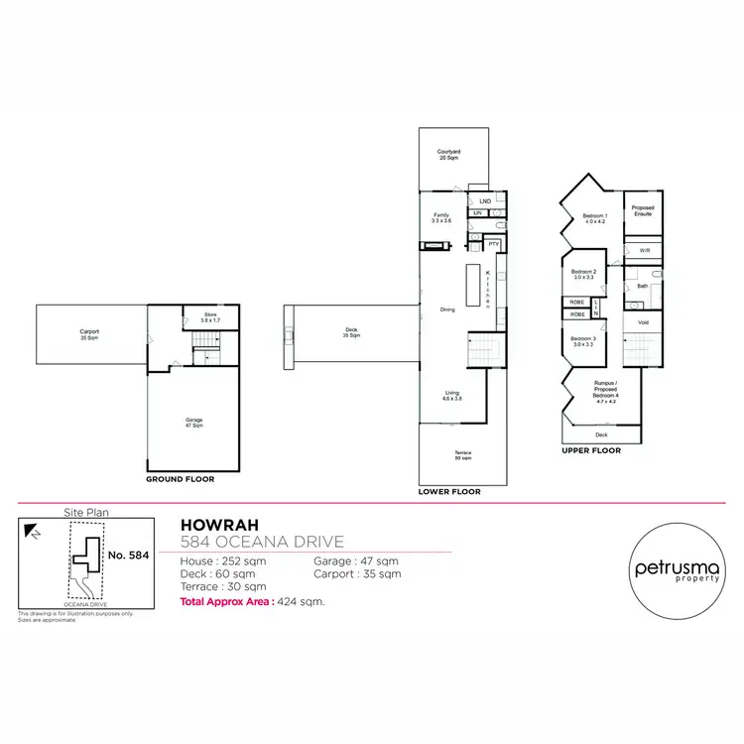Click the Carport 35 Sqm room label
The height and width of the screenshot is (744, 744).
[89, 334]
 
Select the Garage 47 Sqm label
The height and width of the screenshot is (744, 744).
[193, 422]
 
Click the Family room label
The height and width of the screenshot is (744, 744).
[442, 217]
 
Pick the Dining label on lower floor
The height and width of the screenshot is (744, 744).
[448, 310]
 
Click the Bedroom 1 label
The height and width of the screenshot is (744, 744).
[594, 218]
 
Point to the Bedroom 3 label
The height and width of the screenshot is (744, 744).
[582, 343]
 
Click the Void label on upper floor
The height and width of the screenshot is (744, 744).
[643, 322]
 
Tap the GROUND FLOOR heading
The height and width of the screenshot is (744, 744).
[181, 479]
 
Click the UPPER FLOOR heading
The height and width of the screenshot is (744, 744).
[592, 451]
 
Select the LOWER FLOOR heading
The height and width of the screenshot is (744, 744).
[450, 492]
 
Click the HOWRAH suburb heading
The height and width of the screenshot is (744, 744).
[210, 524]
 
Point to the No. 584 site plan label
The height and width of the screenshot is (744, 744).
[128, 556]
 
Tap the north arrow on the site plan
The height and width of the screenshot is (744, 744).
[34, 533]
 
